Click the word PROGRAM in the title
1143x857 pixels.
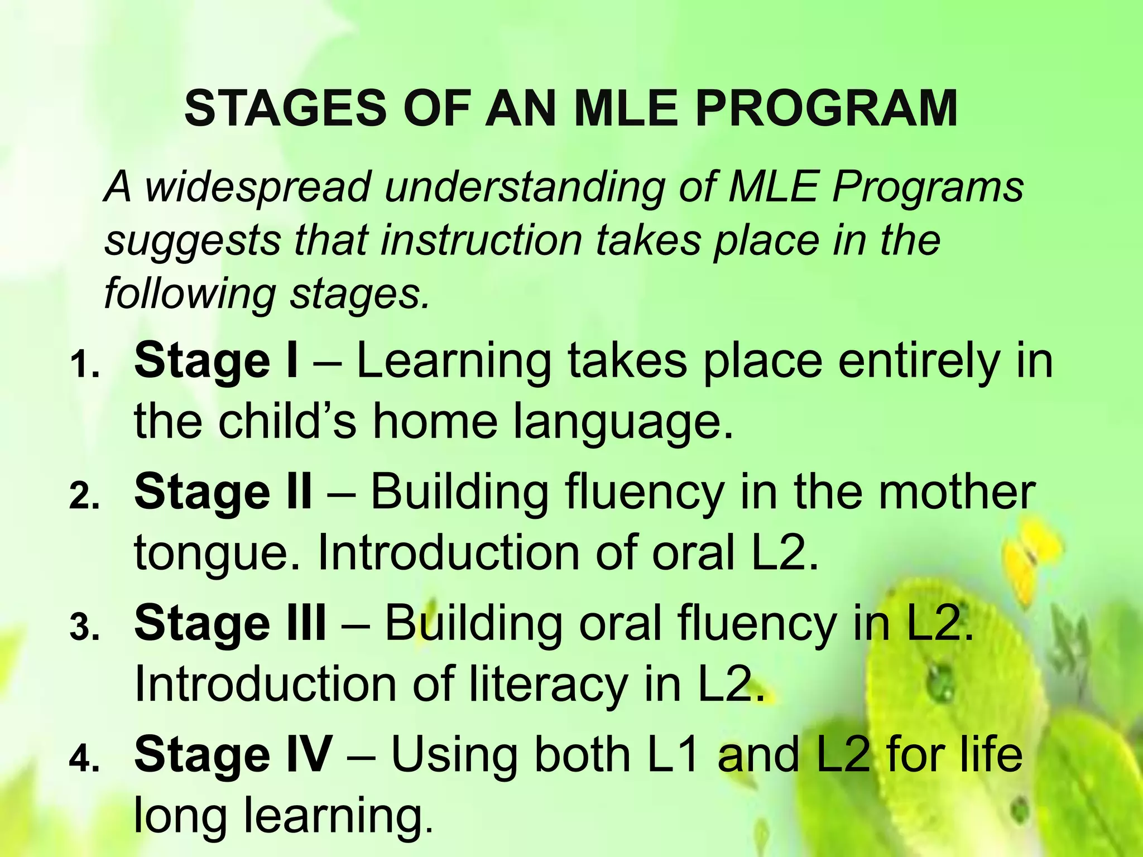pos(827,108)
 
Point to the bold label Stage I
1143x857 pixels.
pos(216,362)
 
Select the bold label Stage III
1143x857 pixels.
pos(230,623)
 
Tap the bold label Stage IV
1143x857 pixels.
pos(233,754)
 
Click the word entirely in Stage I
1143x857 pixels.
pos(918,362)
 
